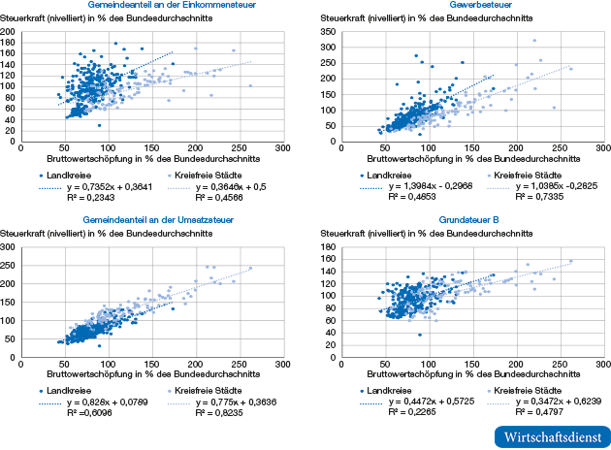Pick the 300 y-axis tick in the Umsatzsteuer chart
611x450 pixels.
[9, 247]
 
